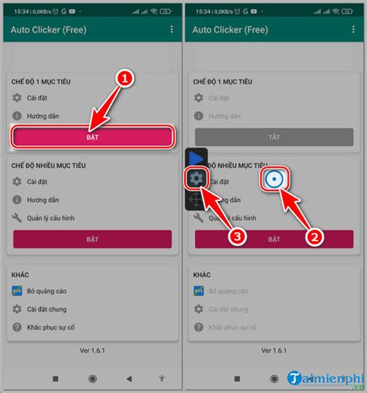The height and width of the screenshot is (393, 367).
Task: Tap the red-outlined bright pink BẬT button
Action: [x=91, y=136]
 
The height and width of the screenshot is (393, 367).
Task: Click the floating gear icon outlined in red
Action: [x=197, y=179]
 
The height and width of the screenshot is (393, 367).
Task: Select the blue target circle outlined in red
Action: [x=274, y=180]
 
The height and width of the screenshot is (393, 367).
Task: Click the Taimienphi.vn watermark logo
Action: [x=324, y=378]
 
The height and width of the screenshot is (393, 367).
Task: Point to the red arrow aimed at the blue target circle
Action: [x=295, y=211]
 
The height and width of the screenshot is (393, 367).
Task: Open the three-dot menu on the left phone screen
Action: [x=171, y=29]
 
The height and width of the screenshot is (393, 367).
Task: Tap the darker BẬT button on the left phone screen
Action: [x=91, y=239]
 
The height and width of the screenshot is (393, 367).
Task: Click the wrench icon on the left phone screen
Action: [x=17, y=218]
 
